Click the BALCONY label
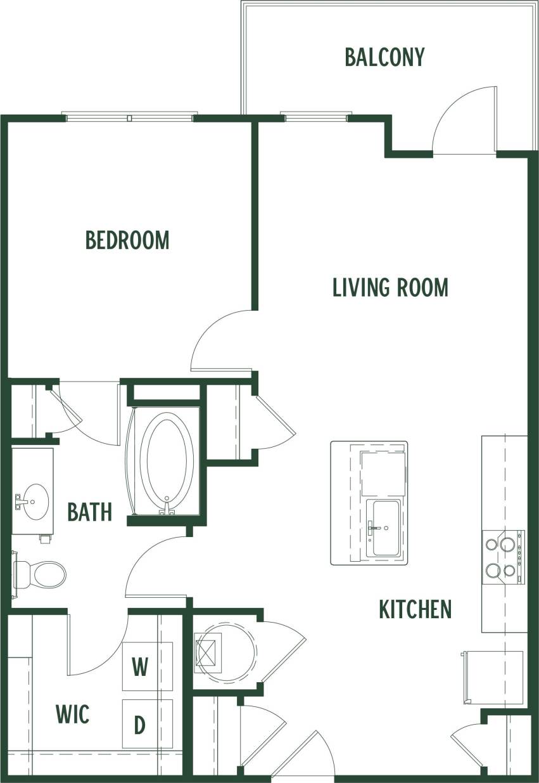point(384,56)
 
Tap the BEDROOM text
point(127,240)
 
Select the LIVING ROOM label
point(390,287)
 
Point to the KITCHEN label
point(415,609)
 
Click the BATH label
point(90,511)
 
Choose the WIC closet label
point(72,714)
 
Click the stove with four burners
point(503,557)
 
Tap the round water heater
point(226,651)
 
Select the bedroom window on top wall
point(129,117)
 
